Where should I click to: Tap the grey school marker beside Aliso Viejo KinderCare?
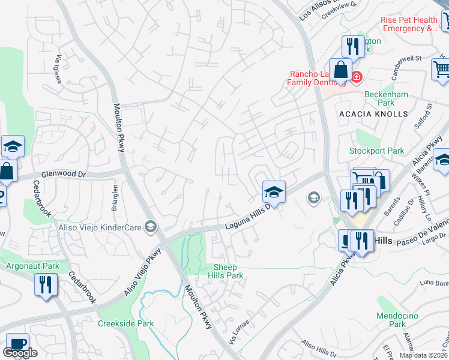pos(151,226)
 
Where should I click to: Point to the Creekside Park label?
pos(126,324)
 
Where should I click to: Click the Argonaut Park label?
pos(32,266)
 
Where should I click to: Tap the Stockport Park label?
pos(377,151)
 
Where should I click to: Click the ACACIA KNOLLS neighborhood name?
pos(373,113)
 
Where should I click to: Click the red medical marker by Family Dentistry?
pos(356,77)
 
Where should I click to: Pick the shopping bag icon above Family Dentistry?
pos(340,69)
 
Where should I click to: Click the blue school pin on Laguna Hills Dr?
pos(273,192)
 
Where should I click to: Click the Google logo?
pos(20,353)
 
